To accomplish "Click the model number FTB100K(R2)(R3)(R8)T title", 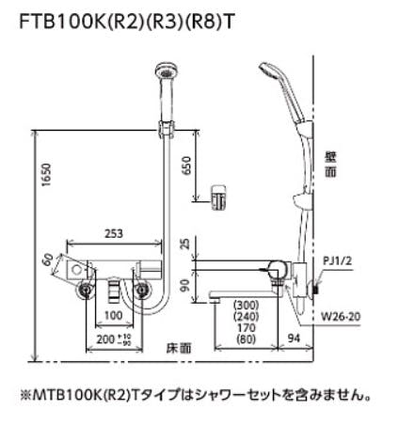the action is pyautogui.click(x=126, y=22).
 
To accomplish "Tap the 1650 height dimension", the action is pyautogui.click(x=46, y=175).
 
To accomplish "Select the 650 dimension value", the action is pyautogui.click(x=186, y=166).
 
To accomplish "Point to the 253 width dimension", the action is pyautogui.click(x=114, y=233).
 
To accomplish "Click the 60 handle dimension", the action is pyautogui.click(x=48, y=260).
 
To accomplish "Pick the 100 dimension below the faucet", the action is pyautogui.click(x=114, y=315).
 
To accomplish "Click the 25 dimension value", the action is pyautogui.click(x=186, y=244).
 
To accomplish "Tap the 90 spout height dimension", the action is pyautogui.click(x=186, y=285).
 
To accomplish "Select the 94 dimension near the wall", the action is pyautogui.click(x=294, y=339).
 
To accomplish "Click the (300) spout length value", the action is pyautogui.click(x=247, y=305).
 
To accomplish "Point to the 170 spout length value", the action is pyautogui.click(x=247, y=327).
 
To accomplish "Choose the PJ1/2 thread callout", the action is pyautogui.click(x=337, y=260).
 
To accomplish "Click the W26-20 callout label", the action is pyautogui.click(x=341, y=316).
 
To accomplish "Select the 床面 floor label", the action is pyautogui.click(x=179, y=348).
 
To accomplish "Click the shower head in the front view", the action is pyautogui.click(x=167, y=71).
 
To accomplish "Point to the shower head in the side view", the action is pyautogui.click(x=270, y=71).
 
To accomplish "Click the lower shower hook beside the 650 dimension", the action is pyautogui.click(x=218, y=197).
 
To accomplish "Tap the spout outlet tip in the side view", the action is pyautogui.click(x=215, y=300).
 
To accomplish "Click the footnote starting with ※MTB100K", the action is pyautogui.click(x=195, y=395).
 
